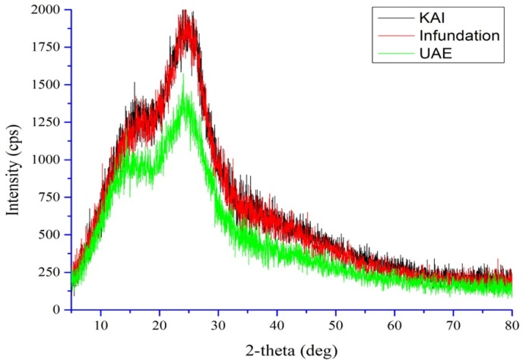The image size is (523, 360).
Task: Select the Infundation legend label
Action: [x=456, y=35]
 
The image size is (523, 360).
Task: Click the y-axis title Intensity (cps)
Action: [x=13, y=160]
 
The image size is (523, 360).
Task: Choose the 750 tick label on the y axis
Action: [x=50, y=197]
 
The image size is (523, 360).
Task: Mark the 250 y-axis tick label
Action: [x=50, y=272]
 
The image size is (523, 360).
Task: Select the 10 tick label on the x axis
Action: [x=100, y=324]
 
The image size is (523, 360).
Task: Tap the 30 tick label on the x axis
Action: [x=218, y=324]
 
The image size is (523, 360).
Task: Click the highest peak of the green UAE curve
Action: [x=183, y=74]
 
